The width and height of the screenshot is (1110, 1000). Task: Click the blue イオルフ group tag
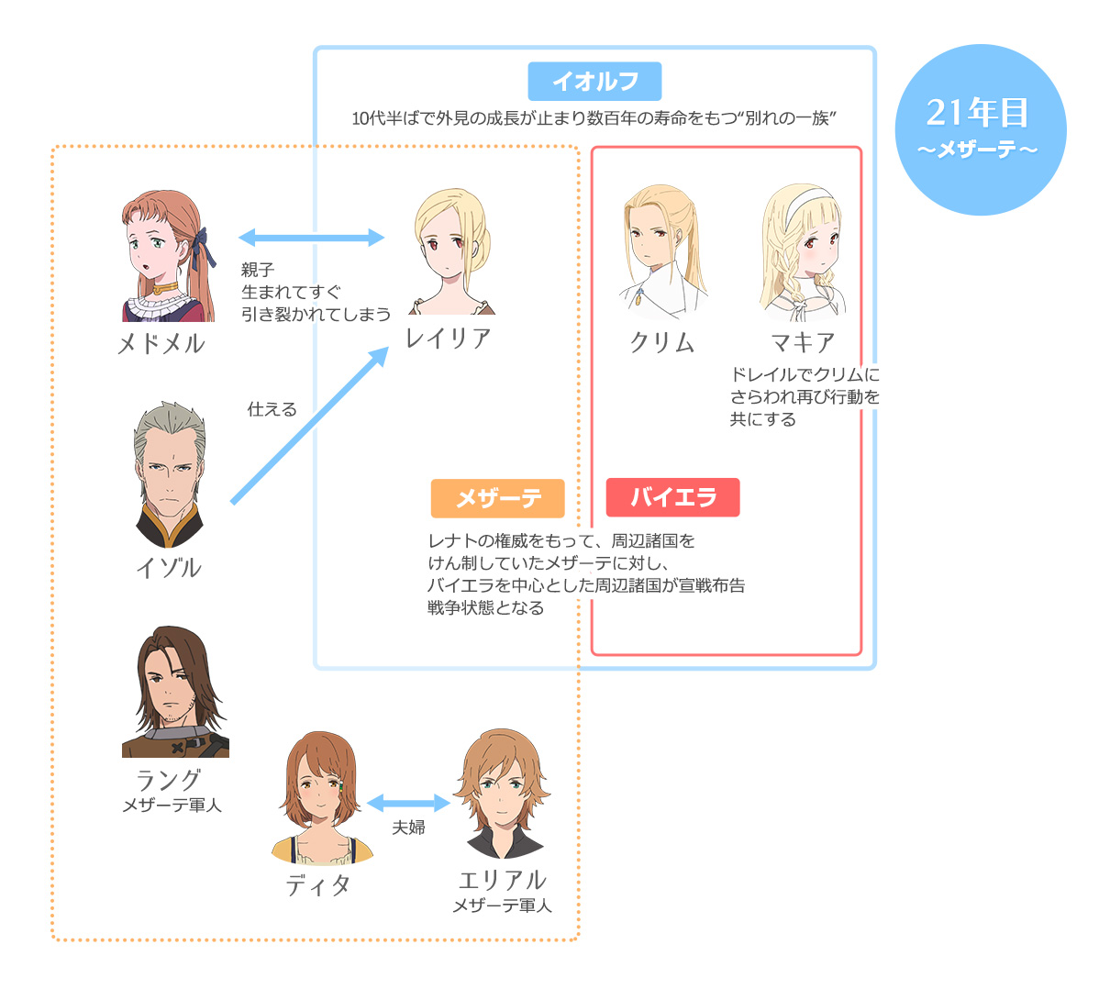click(x=594, y=82)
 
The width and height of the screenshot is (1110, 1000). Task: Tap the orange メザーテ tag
click(x=497, y=498)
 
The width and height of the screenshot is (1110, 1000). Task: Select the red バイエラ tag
click(x=672, y=497)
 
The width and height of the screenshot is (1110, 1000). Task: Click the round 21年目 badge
click(x=980, y=129)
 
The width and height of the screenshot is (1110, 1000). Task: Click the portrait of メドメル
click(x=169, y=256)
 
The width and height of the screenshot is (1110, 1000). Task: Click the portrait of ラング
click(x=175, y=692)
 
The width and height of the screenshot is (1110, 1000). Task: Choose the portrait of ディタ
click(x=321, y=798)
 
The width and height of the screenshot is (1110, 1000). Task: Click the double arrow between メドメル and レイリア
click(x=311, y=239)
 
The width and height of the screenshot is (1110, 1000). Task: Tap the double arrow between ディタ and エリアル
click(x=408, y=804)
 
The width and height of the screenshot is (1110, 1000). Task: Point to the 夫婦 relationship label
click(x=409, y=828)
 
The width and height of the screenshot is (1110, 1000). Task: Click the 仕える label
click(x=272, y=409)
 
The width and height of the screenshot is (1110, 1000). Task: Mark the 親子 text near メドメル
click(x=258, y=270)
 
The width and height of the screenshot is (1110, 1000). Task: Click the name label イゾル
click(x=169, y=568)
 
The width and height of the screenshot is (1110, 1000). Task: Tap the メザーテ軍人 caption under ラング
click(x=172, y=806)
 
